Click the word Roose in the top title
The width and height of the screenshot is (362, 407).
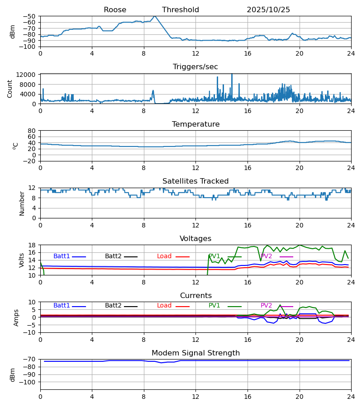pyautogui.click(x=115, y=10)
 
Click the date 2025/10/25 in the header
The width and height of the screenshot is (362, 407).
pyautogui.click(x=268, y=10)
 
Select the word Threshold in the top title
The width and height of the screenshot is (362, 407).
pyautogui.click(x=181, y=10)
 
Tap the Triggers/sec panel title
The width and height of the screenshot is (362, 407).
pyautogui.click(x=195, y=67)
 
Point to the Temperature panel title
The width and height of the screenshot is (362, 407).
pyautogui.click(x=195, y=124)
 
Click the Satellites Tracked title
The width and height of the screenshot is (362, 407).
pyautogui.click(x=195, y=181)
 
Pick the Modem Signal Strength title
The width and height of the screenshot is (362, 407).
pyautogui.click(x=195, y=353)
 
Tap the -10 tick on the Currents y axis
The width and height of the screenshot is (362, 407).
pyautogui.click(x=30, y=332)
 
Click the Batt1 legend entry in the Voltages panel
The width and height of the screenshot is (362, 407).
pyautogui.click(x=62, y=256)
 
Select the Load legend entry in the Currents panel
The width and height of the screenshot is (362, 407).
pyautogui.click(x=164, y=306)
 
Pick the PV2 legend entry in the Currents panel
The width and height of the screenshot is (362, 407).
pyautogui.click(x=267, y=306)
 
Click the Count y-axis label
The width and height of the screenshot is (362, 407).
pyautogui.click(x=10, y=89)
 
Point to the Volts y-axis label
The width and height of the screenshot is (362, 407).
pyautogui.click(x=22, y=260)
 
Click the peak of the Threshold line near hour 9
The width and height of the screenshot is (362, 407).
pyautogui.click(x=154, y=16)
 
